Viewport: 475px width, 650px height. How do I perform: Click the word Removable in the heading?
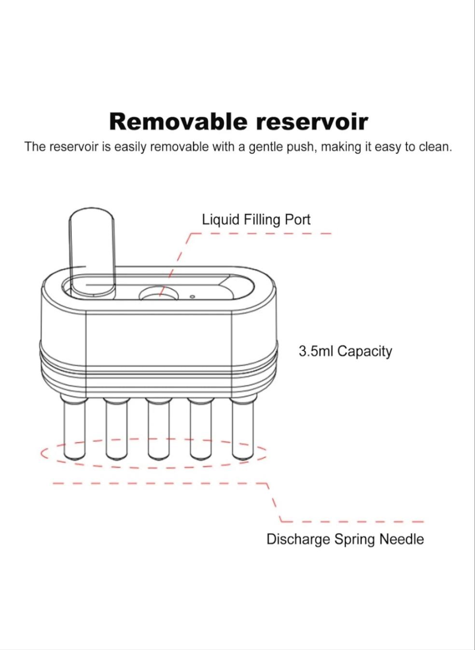point(178,122)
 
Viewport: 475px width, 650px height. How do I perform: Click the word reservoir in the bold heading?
point(312,122)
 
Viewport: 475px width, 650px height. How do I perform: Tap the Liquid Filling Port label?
point(256,220)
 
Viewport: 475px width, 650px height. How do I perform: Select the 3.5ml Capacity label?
point(346,352)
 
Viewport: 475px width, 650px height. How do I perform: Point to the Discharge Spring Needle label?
point(345,540)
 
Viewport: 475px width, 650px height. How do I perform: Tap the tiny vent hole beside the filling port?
point(192,297)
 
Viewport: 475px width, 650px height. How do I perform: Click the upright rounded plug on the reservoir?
point(92,253)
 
